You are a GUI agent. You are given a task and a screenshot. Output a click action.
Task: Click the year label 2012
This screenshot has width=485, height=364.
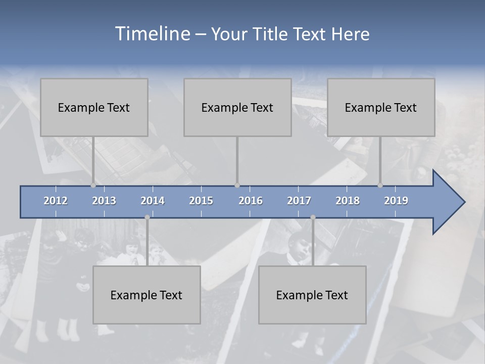tap(56, 201)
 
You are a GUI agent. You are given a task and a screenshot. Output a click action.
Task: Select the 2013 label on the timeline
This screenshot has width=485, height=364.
tap(104, 201)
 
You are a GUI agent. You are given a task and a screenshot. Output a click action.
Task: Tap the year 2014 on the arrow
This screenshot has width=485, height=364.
tap(153, 201)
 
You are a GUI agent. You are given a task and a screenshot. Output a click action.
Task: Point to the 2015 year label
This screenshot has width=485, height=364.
tap(201, 201)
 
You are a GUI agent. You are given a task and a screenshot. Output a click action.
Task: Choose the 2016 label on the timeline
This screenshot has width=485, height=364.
tap(251, 201)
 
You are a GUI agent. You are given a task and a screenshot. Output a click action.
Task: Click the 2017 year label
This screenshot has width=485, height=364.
tap(299, 201)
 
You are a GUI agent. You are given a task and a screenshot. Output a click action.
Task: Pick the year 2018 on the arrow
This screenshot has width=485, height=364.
tap(348, 201)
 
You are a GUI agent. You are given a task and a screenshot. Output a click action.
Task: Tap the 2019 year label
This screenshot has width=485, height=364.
tap(396, 201)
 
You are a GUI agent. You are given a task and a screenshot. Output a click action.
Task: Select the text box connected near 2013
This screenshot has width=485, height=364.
tap(94, 107)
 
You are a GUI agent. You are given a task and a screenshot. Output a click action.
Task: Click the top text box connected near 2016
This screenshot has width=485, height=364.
tap(237, 107)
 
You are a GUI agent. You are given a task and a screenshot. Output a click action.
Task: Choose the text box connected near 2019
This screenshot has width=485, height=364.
tap(381, 107)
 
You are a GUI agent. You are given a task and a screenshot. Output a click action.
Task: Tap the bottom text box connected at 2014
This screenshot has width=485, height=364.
tap(147, 295)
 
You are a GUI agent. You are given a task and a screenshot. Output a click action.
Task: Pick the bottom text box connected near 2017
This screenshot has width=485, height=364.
tap(312, 295)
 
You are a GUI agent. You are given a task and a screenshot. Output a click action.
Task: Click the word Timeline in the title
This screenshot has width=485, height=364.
tap(152, 34)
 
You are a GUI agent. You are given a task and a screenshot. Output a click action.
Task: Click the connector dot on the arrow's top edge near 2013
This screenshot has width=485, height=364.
tap(93, 185)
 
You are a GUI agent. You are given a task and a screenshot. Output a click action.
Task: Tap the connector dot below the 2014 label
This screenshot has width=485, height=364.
tap(147, 217)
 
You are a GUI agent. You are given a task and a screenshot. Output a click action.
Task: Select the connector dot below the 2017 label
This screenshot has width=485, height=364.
tap(313, 217)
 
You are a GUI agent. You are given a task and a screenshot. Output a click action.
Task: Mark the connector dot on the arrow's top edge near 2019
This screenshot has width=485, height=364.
tap(380, 185)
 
